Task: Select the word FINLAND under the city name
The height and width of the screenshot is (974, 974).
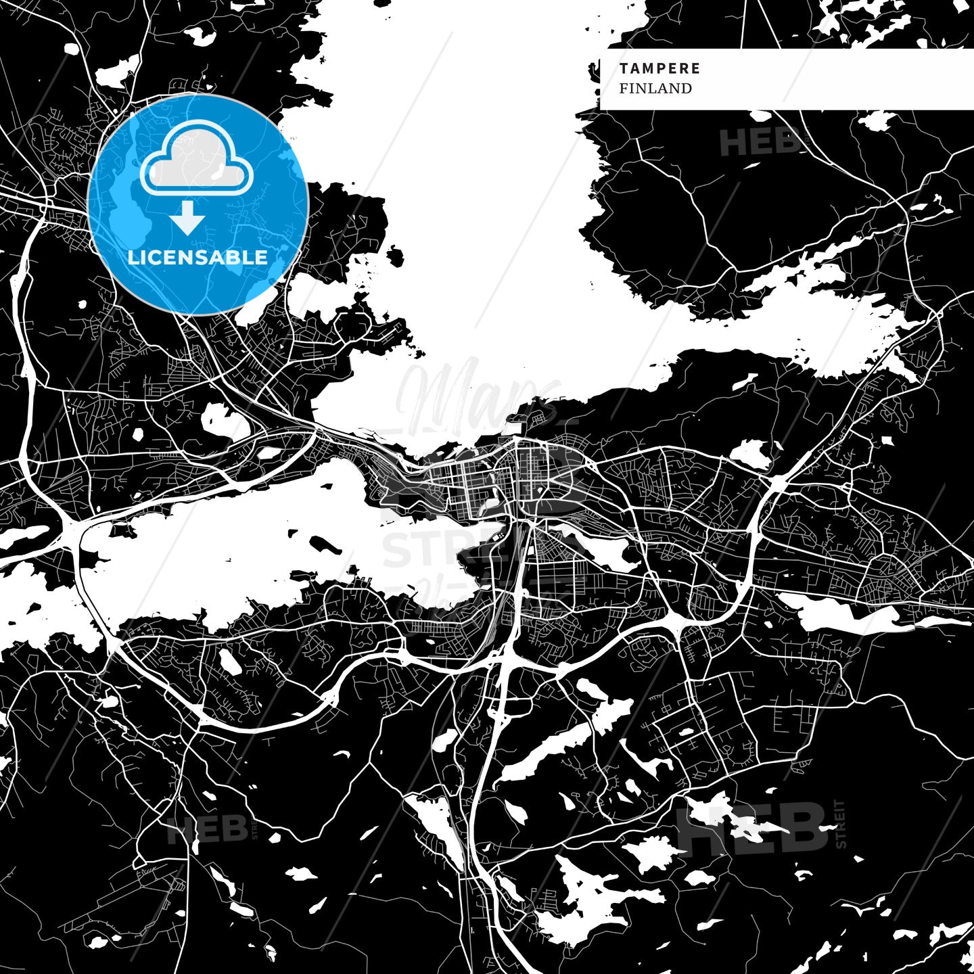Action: (x=655, y=89)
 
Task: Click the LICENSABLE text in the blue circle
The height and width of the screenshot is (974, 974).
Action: (x=198, y=257)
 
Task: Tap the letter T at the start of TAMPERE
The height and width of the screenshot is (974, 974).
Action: (x=623, y=68)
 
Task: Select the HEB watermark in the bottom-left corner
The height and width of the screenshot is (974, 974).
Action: (x=207, y=829)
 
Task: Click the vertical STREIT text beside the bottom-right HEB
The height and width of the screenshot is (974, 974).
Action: (x=841, y=824)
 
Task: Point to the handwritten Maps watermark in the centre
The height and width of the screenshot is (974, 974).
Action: (x=473, y=396)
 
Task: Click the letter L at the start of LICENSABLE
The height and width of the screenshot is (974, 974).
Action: (x=132, y=257)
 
